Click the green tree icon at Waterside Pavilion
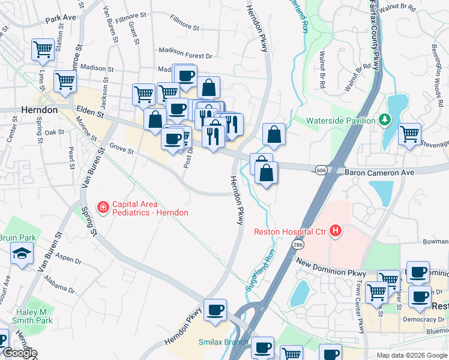point(384,121)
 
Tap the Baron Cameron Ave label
point(379,172)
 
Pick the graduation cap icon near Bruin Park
point(22,254)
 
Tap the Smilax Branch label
point(223,342)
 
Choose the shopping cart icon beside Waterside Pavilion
point(409,133)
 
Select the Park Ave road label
point(61,18)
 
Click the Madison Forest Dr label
point(185,55)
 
